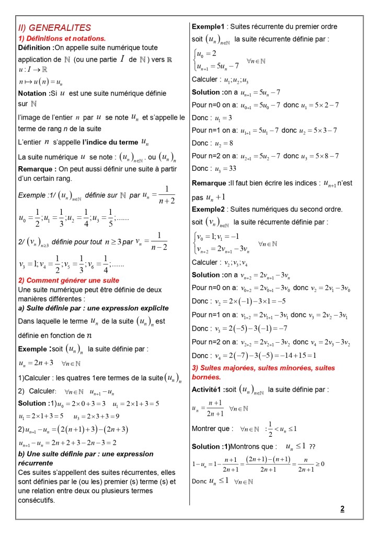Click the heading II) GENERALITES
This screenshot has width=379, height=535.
pyautogui.click(x=54, y=28)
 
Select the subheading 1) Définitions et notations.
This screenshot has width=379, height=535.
pyautogui.click(x=62, y=38)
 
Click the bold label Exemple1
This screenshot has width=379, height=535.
pyautogui.click(x=208, y=27)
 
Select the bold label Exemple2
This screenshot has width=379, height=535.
pyautogui.click(x=208, y=209)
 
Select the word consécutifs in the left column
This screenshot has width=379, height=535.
pyautogui.click(x=37, y=500)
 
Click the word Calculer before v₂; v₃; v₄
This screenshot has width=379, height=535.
pyautogui.click(x=205, y=262)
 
